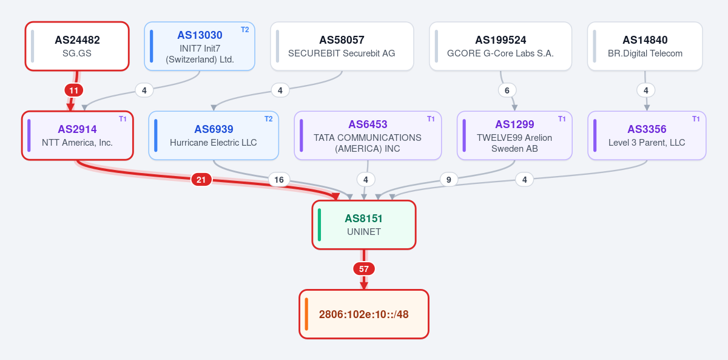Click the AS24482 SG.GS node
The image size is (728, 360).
(77, 46)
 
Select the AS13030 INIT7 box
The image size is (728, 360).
(200, 46)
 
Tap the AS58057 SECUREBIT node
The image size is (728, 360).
(342, 46)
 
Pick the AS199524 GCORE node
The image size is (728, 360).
(500, 46)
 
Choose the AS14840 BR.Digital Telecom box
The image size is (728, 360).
(645, 46)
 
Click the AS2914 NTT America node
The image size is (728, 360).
(78, 135)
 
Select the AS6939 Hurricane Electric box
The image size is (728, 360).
(214, 135)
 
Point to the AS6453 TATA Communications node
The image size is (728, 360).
(368, 135)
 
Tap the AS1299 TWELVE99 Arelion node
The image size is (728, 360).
(514, 135)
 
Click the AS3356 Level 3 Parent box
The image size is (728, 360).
(647, 135)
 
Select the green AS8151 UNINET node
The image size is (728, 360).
(364, 225)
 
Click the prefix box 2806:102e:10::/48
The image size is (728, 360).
(364, 314)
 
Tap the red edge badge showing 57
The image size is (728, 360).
(364, 269)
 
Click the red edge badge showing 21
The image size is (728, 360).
(201, 180)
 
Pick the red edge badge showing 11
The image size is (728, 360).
(74, 90)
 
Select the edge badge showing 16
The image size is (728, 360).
(279, 180)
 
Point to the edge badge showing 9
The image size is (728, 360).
(449, 180)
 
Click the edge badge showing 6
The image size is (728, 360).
(507, 90)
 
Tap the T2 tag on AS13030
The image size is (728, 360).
(244, 30)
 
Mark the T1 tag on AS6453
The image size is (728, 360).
(431, 119)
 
